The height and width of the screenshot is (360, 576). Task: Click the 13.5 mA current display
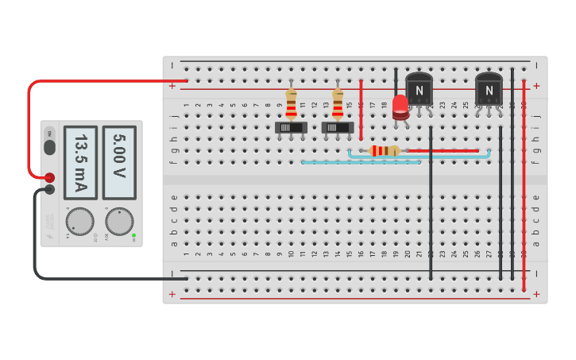80,162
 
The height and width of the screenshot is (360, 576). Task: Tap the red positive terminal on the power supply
49,177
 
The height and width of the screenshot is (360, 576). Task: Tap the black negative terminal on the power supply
49,189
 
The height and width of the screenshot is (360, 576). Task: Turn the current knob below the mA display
79,221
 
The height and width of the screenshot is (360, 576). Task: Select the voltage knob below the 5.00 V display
119,221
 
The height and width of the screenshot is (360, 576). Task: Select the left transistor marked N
419,90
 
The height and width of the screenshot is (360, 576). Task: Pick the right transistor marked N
489,90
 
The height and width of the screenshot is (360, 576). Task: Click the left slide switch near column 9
291,127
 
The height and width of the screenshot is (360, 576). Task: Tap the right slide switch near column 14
338,127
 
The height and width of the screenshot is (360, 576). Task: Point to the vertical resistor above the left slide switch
291,103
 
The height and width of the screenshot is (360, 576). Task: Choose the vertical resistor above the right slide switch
338,103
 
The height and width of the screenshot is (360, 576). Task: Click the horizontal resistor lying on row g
385,151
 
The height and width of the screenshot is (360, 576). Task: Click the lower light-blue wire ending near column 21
361,163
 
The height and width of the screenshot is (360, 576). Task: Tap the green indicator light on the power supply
133,235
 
